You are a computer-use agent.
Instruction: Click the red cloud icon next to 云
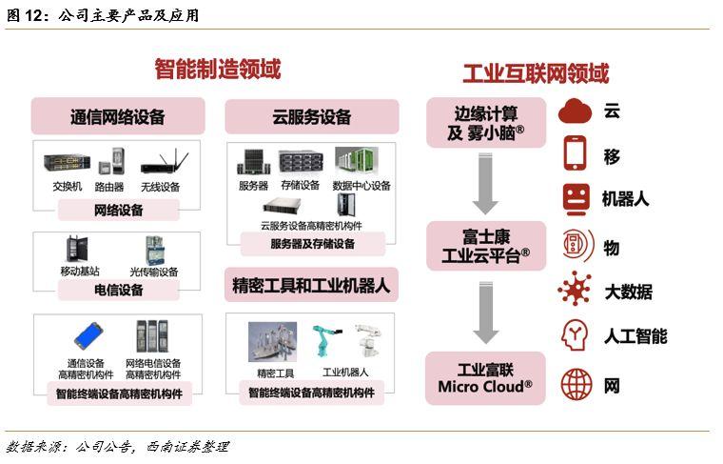[x=575, y=111]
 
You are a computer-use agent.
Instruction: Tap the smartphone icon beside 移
[x=575, y=153]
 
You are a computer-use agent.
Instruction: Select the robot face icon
[x=576, y=199]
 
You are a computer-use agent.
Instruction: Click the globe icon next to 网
[x=576, y=384]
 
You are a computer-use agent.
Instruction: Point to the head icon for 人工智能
[x=575, y=335]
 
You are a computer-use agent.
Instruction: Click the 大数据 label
[x=628, y=292]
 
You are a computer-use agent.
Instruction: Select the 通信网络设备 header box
[x=118, y=116]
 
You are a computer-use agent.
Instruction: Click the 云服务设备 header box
[x=312, y=117]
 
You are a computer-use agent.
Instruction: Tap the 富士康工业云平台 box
[x=486, y=246]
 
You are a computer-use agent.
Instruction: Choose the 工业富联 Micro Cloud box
[x=485, y=378]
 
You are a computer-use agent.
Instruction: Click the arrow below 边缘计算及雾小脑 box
[x=485, y=184]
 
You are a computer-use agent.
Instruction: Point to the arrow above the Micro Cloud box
[x=485, y=313]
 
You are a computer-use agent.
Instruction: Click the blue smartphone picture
[x=88, y=336]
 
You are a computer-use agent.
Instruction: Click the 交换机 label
[x=68, y=187]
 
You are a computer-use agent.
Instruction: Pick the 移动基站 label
[x=80, y=271]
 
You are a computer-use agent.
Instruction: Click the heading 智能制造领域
[x=217, y=70]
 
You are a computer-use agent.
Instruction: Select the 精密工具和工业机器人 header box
[x=311, y=285]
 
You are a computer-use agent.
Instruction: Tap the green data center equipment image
[x=357, y=161]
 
